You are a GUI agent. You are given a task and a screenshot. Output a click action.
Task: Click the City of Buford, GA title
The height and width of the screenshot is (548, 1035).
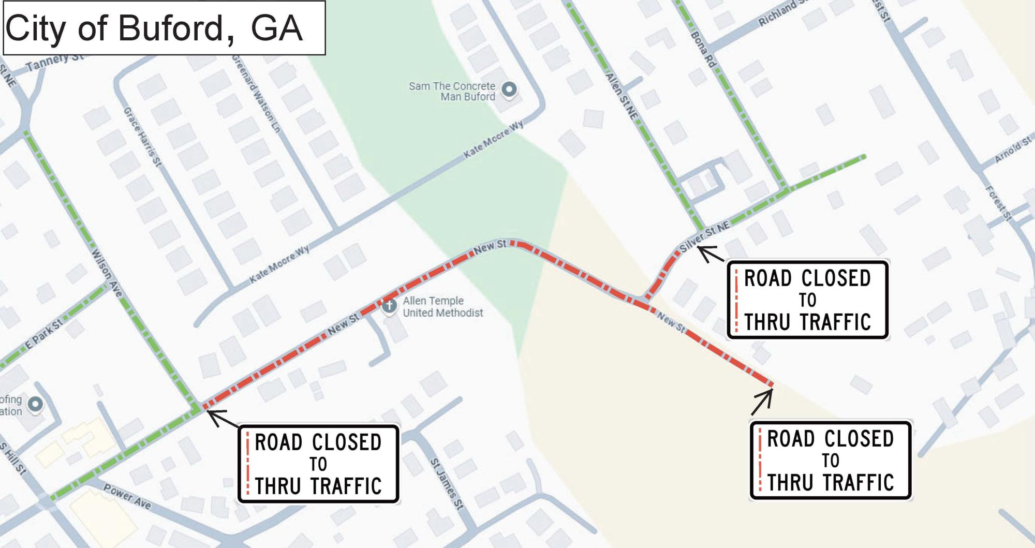pyautogui.click(x=154, y=28)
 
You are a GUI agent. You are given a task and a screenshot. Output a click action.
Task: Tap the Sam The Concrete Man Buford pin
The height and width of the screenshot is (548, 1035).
pyautogui.click(x=509, y=90)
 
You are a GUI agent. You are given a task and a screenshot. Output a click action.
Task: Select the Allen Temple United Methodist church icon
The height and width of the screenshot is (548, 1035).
pyautogui.click(x=389, y=305)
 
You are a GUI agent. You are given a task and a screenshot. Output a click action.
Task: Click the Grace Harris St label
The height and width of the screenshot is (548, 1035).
pyautogui.click(x=142, y=137)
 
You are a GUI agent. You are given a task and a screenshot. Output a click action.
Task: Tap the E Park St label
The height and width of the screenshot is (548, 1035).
pyautogui.click(x=44, y=334)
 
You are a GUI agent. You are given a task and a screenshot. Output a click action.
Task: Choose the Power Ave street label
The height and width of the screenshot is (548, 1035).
pyautogui.click(x=127, y=496)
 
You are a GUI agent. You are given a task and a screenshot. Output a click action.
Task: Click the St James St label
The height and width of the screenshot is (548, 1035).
pyautogui.click(x=447, y=484)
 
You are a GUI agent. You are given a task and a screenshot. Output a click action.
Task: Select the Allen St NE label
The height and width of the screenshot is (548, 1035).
pyautogui.click(x=621, y=96)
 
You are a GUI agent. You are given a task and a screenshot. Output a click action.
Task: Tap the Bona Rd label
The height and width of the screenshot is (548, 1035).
pyautogui.click(x=703, y=49)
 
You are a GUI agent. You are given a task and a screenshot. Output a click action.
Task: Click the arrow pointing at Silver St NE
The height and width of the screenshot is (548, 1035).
pyautogui.click(x=710, y=254)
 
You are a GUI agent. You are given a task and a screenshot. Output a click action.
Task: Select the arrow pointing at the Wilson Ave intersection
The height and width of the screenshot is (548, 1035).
pyautogui.click(x=223, y=418)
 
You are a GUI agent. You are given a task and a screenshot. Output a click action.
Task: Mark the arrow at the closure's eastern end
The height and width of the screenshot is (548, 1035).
pyautogui.click(x=762, y=402)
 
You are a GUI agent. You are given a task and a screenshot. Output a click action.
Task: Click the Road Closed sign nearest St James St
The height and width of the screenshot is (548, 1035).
pyautogui.click(x=318, y=464)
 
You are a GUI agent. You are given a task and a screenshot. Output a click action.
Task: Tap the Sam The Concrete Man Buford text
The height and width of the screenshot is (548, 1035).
pyautogui.click(x=452, y=91)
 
